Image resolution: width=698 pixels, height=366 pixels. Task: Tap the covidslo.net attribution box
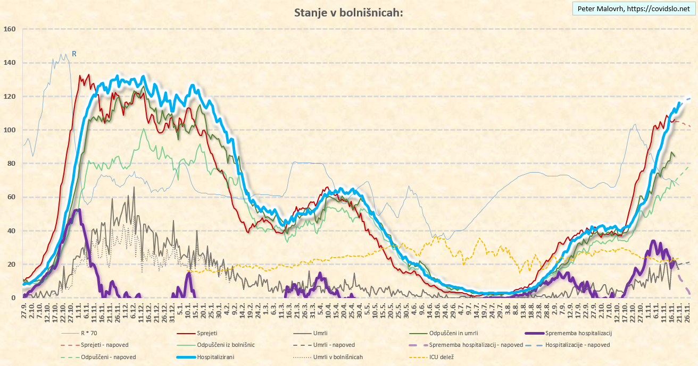633,9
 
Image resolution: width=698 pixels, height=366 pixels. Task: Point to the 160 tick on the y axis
10,29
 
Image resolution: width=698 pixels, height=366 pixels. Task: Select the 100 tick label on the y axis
10,130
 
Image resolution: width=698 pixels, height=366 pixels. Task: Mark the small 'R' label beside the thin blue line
74,54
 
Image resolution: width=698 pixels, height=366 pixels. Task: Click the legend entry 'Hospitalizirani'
215,357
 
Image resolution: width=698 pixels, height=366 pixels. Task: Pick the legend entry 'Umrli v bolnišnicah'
338,357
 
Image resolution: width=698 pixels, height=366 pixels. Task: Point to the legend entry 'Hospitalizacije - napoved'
578,345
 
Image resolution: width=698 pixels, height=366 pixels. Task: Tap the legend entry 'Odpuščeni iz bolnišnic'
226,345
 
